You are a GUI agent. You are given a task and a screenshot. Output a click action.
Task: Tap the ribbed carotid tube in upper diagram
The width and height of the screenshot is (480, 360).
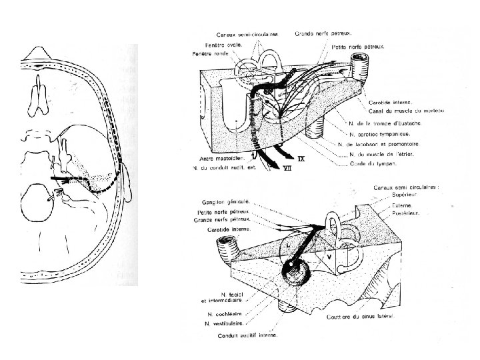[x=360, y=67]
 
